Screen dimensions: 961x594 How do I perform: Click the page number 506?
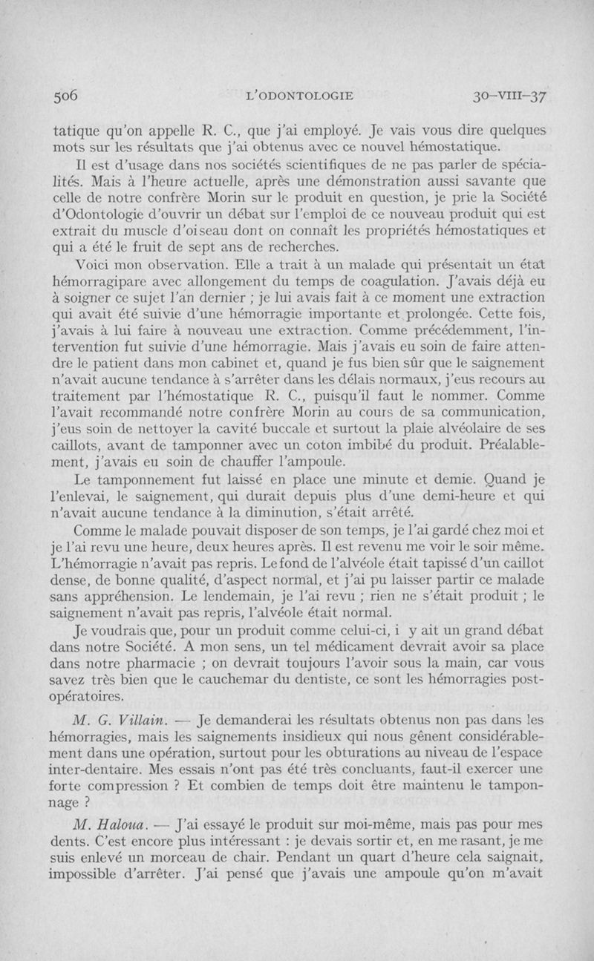[x=64, y=94]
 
